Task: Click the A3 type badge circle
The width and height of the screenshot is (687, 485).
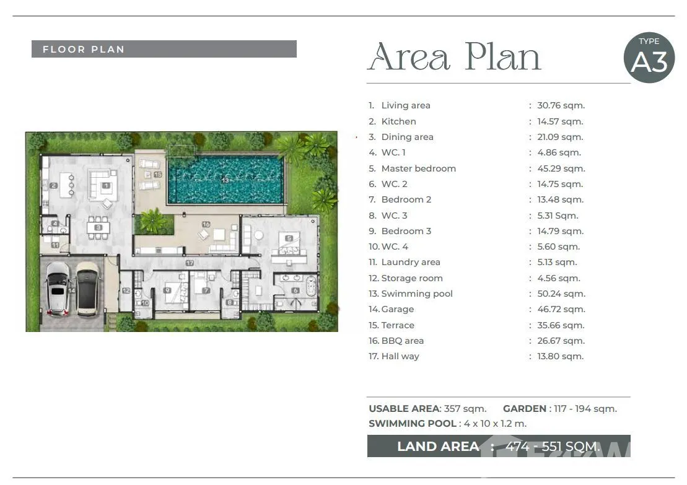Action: [649, 58]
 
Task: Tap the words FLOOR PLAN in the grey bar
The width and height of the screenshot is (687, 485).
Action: [84, 49]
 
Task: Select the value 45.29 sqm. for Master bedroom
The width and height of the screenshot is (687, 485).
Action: [561, 168]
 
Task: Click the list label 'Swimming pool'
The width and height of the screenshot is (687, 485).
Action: [417, 294]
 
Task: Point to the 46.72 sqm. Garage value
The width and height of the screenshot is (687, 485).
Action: [561, 309]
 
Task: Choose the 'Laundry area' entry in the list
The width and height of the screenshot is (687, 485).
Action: [411, 262]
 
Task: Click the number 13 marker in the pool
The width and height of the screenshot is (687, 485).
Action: [225, 180]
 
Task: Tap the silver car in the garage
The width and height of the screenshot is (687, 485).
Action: [58, 288]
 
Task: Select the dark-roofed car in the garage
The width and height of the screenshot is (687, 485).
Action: [89, 289]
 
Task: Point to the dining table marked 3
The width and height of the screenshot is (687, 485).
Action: [98, 227]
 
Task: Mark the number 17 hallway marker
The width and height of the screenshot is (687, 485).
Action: [190, 263]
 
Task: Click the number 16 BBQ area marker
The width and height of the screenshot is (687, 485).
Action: [206, 224]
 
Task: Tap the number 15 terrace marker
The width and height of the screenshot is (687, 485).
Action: [158, 175]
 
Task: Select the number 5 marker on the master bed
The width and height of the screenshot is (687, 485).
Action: [289, 238]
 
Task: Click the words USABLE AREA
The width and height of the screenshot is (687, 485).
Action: [404, 409]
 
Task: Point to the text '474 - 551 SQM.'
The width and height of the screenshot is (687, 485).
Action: [553, 447]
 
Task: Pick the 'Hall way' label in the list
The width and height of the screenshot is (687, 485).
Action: [400, 357]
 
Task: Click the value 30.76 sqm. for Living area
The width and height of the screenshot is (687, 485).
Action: [561, 105]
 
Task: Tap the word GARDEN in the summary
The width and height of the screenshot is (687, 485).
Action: [525, 409]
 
